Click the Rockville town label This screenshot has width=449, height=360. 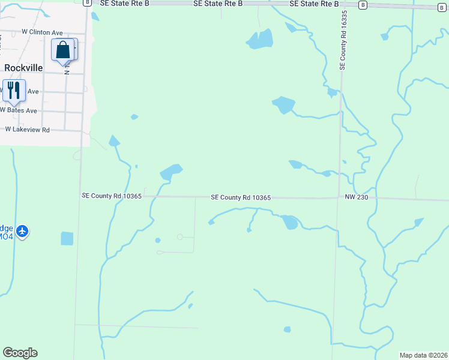pyautogui.click(x=23, y=68)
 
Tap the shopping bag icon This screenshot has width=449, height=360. pyautogui.click(x=63, y=50)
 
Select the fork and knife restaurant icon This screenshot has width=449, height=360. pyautogui.click(x=13, y=90)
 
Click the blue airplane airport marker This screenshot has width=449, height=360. pyautogui.click(x=23, y=230)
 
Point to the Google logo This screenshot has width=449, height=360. pyautogui.click(x=20, y=353)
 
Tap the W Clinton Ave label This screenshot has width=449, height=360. pyautogui.click(x=42, y=31)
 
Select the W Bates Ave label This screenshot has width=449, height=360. pyautogui.click(x=19, y=110)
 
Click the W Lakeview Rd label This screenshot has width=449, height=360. pyautogui.click(x=27, y=129)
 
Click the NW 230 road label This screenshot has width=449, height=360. pyautogui.click(x=356, y=197)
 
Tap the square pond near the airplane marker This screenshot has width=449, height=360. pyautogui.click(x=67, y=238)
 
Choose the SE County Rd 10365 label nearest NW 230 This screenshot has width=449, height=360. pyautogui.click(x=241, y=197)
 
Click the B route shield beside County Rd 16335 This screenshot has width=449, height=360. pyautogui.click(x=363, y=5)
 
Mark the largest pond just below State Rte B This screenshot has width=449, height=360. pyautogui.click(x=260, y=40)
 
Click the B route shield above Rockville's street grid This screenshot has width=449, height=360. pyautogui.click(x=87, y=2)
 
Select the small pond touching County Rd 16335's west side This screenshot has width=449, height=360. pyautogui.click(x=332, y=92)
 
